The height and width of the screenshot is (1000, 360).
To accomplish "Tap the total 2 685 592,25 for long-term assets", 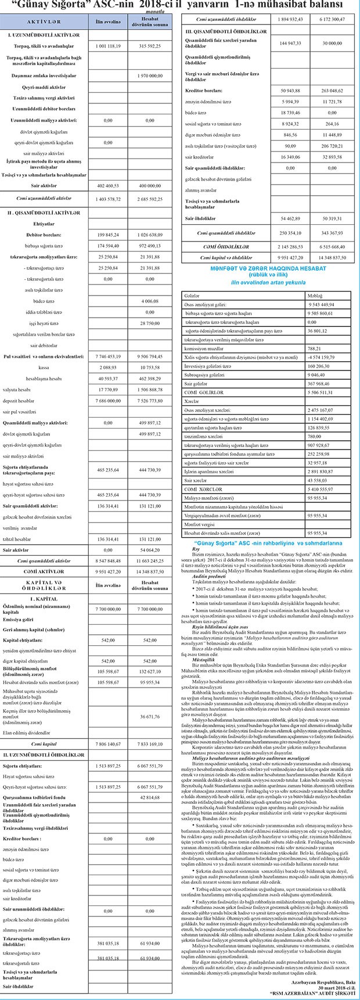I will click(x=149, y=198).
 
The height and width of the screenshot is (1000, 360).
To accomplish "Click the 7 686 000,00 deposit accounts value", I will click(x=105, y=400).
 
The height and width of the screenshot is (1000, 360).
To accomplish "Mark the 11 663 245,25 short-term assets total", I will click(x=149, y=561).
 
